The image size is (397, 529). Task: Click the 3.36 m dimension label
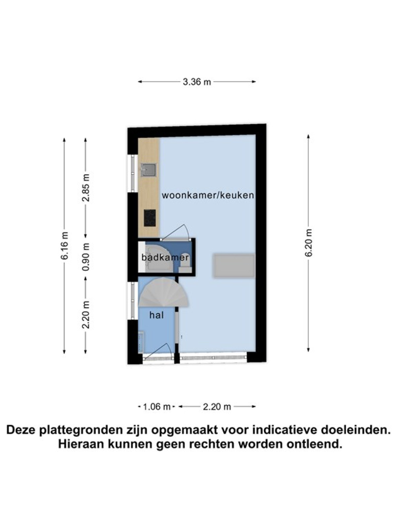tap(197, 82)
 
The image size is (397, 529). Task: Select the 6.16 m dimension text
tap(64, 245)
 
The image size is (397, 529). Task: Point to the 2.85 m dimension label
tap(86, 188)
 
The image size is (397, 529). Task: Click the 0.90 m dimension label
tap(86, 257)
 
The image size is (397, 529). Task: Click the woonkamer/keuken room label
tap(208, 195)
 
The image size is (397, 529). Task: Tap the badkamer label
tap(165, 258)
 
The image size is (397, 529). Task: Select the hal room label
tap(156, 315)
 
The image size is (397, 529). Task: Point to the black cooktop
tap(150, 218)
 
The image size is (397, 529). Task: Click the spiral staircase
tap(164, 292)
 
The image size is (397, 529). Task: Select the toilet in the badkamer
tap(186, 266)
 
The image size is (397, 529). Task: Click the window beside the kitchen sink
tap(133, 173)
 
